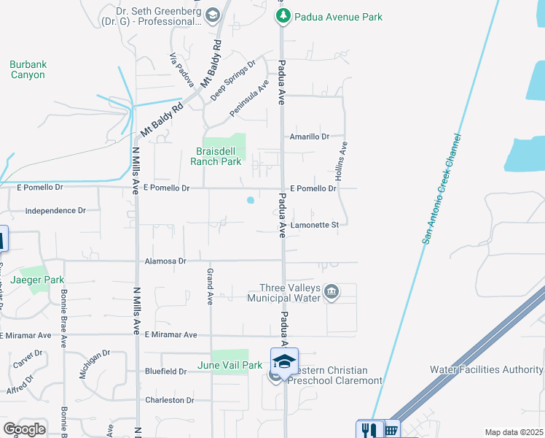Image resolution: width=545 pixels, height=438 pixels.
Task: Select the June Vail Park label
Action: tap(230, 365)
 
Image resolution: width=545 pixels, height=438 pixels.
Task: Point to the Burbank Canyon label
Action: tap(28, 69)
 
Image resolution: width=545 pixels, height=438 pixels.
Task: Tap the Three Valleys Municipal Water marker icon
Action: tap(332, 293)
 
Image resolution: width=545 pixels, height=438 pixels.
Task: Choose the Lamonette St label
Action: tap(315, 225)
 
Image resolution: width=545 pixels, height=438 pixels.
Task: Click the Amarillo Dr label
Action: tap(310, 137)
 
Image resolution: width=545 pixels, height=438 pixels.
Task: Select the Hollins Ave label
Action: tap(339, 161)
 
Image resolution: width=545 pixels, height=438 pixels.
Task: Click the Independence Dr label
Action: tap(55, 210)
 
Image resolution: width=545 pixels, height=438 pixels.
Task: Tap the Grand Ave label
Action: tap(210, 286)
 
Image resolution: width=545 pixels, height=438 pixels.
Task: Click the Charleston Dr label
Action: tap(169, 400)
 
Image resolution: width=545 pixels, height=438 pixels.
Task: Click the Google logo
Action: tap(24, 429)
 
